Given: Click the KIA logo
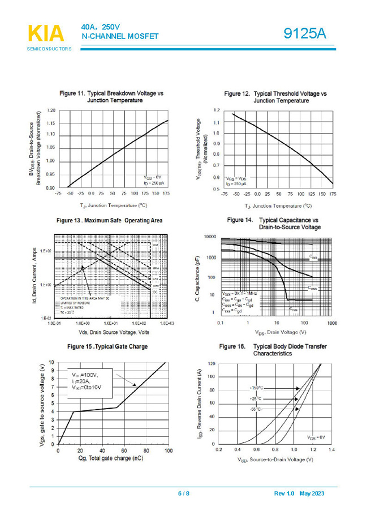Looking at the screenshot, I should [45, 35].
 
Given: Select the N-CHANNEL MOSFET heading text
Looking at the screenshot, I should [120, 36].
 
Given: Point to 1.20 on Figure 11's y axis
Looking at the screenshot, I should [51, 110].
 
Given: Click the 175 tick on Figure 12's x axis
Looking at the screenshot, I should [332, 194].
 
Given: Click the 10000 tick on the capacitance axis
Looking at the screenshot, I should [210, 237].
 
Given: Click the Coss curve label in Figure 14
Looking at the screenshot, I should [312, 288].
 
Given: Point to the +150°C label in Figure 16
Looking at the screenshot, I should [257, 388].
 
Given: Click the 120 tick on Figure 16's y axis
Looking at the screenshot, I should [211, 363].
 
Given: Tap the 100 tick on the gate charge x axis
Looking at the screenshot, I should [167, 451].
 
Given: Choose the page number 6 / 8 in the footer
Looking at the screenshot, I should [184, 494].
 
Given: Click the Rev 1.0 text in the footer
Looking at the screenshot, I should [284, 494].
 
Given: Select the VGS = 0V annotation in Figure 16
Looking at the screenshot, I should [317, 437].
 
